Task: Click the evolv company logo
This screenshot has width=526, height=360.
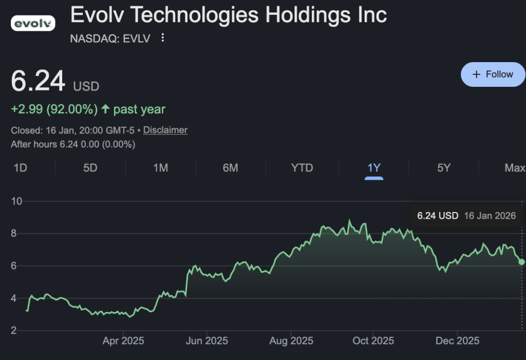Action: tap(33, 23)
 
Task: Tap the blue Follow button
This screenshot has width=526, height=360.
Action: tap(493, 74)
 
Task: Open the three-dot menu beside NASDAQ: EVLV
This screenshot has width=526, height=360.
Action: tap(163, 38)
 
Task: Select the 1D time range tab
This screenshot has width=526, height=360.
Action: tap(20, 168)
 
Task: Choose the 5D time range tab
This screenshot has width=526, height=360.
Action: tap(90, 168)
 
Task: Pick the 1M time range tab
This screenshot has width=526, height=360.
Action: tap(161, 168)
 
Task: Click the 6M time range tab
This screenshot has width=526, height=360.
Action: tap(231, 168)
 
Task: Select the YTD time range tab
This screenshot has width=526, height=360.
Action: tap(302, 168)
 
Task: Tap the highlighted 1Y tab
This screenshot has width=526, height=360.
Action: tap(374, 168)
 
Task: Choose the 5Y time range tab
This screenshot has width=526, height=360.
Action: tap(444, 168)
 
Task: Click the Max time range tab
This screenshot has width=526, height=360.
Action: tap(515, 168)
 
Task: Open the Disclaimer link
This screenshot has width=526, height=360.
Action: tap(165, 130)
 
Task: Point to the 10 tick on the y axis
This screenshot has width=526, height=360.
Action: tap(17, 201)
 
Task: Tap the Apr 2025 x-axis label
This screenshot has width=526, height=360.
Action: tap(123, 341)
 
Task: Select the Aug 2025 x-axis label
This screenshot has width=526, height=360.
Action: tap(291, 341)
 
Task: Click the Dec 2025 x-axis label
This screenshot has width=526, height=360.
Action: tap(458, 341)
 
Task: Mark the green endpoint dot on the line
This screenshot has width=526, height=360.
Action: tap(522, 262)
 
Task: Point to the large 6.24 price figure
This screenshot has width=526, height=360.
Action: tap(39, 82)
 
